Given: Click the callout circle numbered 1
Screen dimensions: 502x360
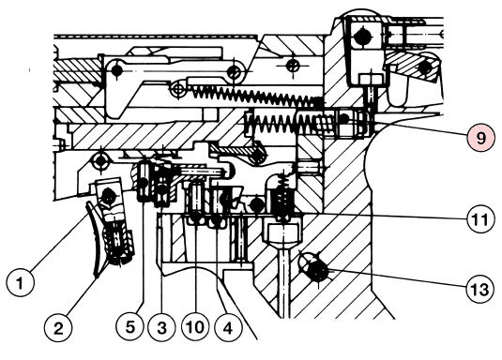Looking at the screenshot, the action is point(20,283).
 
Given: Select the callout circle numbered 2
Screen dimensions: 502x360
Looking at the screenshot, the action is point(58,328).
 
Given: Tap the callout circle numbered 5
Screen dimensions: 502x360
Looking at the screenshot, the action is point(130,327).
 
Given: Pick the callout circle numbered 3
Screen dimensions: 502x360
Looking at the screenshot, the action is point(162,328).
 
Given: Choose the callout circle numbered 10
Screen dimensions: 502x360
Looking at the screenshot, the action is point(195,327).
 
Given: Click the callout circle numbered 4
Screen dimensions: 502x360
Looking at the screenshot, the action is point(228,328).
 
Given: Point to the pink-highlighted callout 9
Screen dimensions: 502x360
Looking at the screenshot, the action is point(480,138).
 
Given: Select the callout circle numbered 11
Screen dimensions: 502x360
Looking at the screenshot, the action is point(480,219).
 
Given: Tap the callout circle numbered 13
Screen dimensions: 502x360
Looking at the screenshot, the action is point(480,289).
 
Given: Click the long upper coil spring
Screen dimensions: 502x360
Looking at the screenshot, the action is point(256,95).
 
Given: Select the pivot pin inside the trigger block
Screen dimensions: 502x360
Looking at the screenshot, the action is point(108,196).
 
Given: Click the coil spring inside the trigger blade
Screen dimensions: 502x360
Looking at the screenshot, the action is point(116,241).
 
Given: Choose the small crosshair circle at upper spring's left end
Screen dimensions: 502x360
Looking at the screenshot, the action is point(178,88).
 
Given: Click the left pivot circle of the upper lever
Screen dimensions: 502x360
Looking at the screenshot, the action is point(116,70).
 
